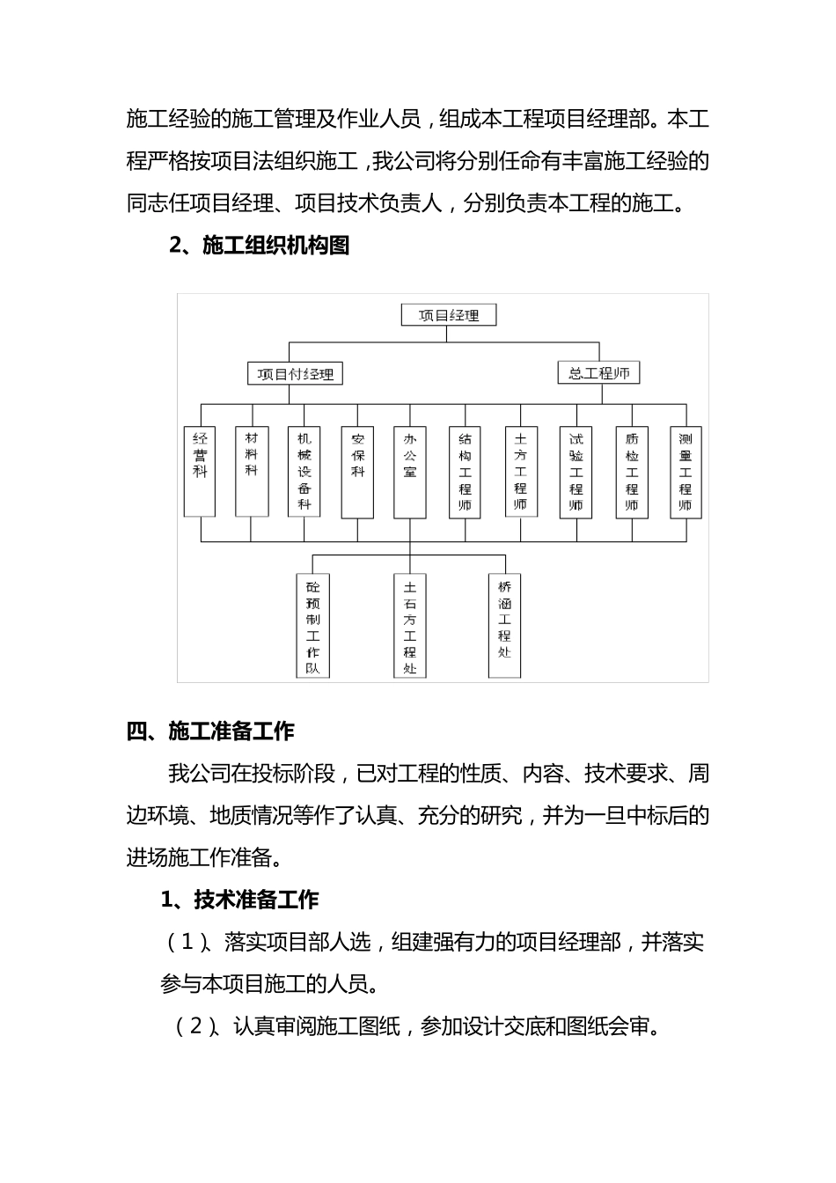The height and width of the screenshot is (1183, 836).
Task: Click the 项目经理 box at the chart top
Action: coord(449,315)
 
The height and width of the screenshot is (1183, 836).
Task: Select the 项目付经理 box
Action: coord(295,373)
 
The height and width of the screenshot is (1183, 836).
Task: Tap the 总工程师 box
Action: coord(599,372)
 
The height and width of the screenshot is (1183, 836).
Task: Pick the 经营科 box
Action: coord(200,472)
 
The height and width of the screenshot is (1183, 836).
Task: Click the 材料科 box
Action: coord(252,472)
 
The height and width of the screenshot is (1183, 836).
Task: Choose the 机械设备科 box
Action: coord(304,472)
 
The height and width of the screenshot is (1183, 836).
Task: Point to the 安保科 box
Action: coord(357,472)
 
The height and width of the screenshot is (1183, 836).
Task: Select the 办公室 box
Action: coord(410,472)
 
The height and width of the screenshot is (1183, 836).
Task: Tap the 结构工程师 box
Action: coord(465,472)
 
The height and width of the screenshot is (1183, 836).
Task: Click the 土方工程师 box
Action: coord(521,472)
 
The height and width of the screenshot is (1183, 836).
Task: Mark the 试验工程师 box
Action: coord(576,472)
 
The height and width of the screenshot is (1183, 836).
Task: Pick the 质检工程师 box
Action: coord(631,472)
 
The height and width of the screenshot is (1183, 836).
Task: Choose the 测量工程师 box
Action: coord(686,472)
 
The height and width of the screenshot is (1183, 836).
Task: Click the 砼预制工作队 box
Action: coord(312,626)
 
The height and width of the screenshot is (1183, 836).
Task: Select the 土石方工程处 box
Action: coord(409,626)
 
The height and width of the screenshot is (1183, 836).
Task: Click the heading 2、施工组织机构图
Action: coord(260,246)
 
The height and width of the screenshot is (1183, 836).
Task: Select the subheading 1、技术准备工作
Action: coord(239,900)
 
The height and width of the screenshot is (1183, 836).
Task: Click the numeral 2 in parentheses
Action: coord(196,1026)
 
